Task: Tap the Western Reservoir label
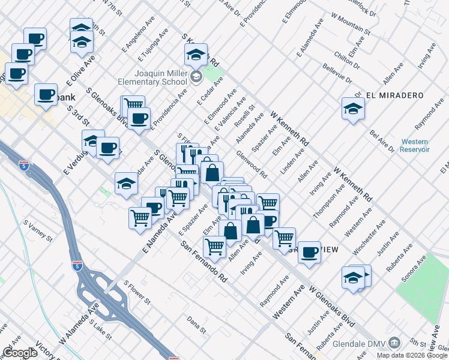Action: (x=415, y=145)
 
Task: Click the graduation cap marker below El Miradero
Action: (x=353, y=109)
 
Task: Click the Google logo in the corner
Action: (x=20, y=352)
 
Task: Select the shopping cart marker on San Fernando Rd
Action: (x=214, y=246)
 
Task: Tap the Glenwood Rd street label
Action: (x=252, y=165)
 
